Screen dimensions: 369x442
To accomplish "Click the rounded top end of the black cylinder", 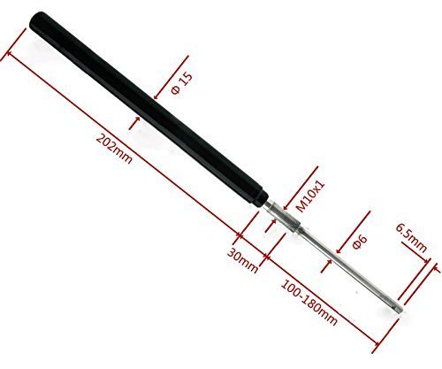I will [41, 20].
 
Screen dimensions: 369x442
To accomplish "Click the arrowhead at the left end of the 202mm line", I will [11, 55].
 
